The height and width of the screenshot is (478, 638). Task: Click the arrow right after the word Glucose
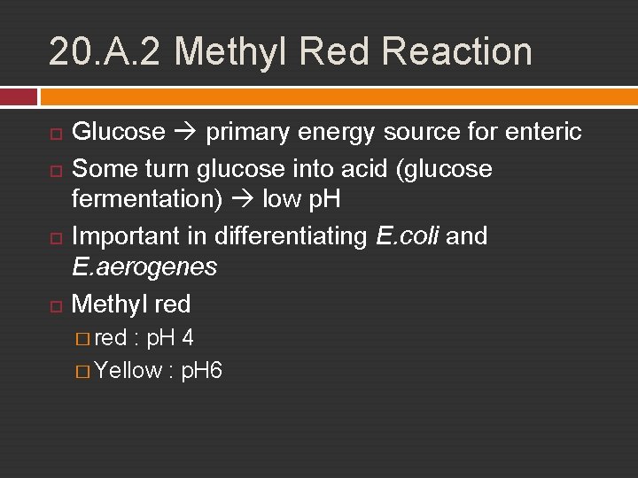tap(186, 133)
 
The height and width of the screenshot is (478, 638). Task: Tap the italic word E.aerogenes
tap(144, 266)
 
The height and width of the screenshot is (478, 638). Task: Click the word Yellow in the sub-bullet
tap(128, 370)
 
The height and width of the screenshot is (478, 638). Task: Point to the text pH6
tap(201, 370)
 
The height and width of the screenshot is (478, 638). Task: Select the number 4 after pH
tap(188, 337)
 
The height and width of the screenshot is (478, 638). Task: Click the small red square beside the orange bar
tap(19, 96)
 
